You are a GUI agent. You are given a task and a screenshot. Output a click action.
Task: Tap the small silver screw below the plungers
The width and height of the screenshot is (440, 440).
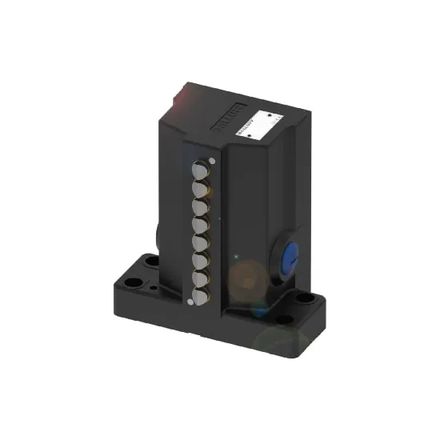point(190,302)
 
